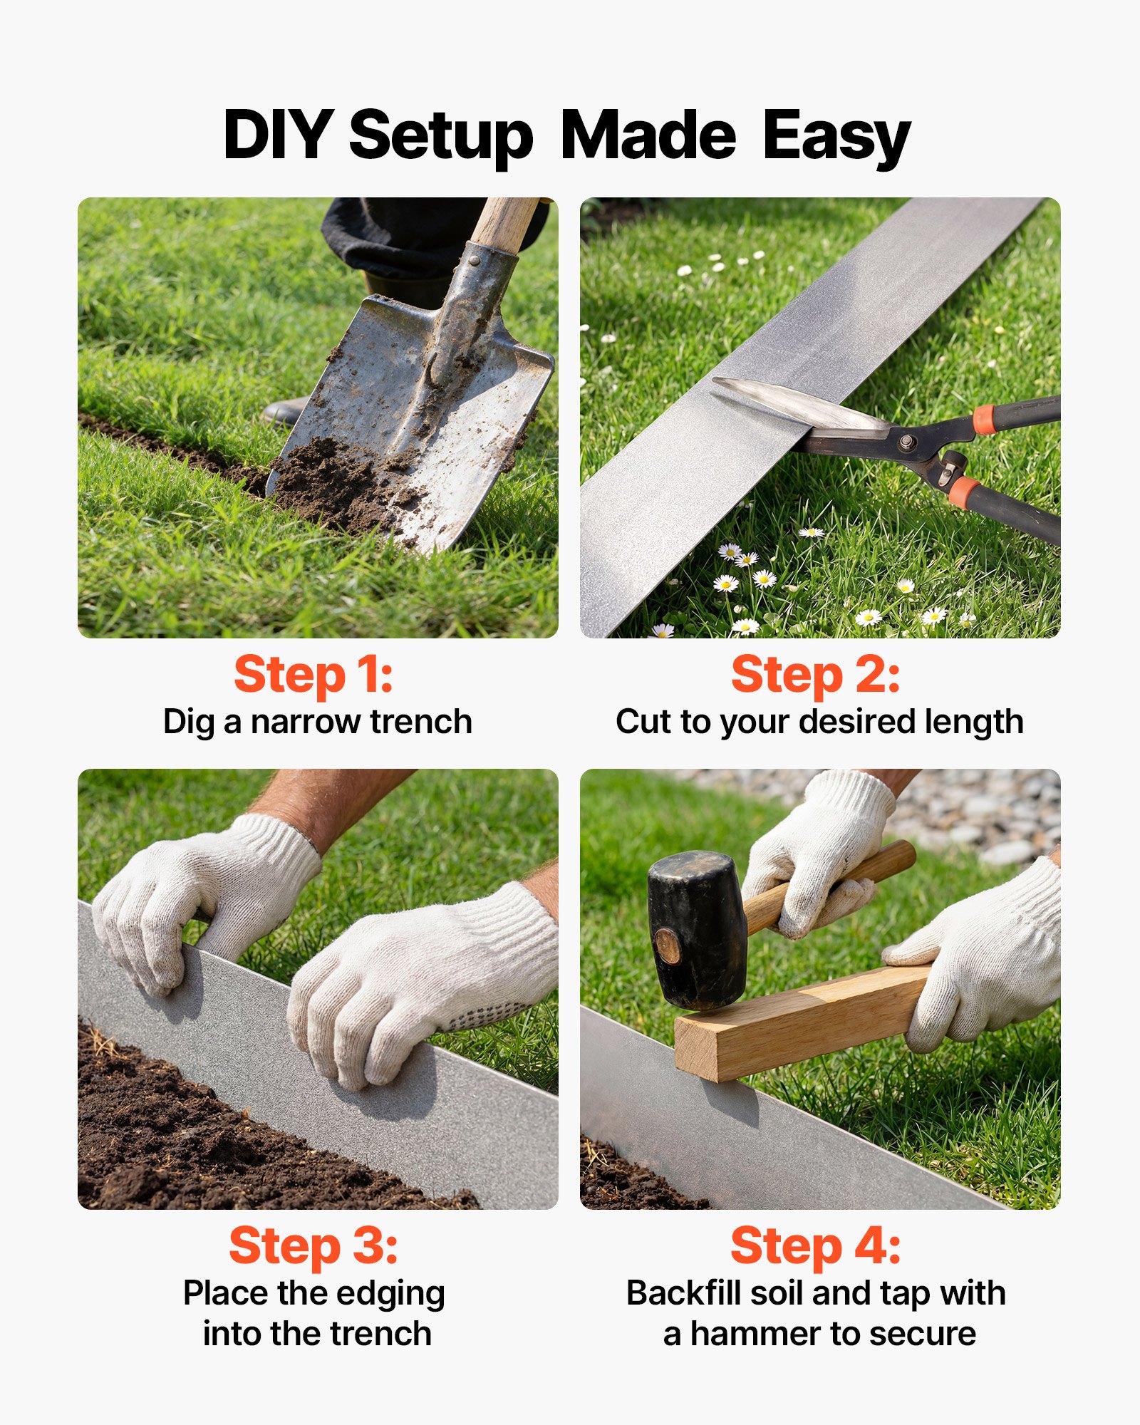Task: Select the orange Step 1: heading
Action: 313,675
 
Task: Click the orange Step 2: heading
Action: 815,675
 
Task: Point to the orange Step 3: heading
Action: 313,1246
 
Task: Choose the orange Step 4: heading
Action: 815,1246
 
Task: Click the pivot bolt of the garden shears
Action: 906,442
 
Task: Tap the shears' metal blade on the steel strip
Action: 784,403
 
